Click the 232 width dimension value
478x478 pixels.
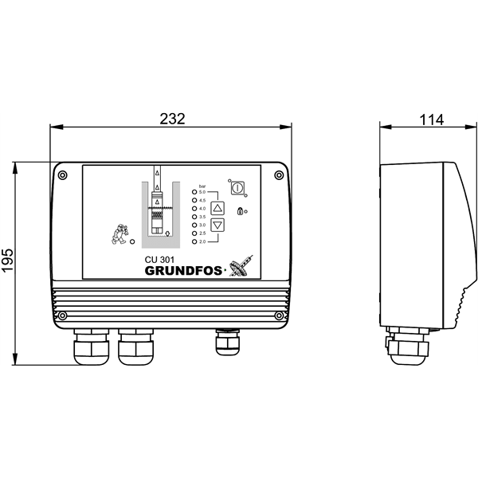click(x=172, y=119)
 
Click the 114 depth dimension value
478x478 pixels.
click(x=430, y=119)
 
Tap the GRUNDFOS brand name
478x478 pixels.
click(x=184, y=270)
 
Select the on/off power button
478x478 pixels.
click(x=236, y=187)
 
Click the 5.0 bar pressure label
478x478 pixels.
click(x=202, y=192)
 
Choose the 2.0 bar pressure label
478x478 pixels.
click(x=202, y=241)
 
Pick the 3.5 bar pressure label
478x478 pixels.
click(x=202, y=217)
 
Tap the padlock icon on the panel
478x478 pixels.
click(x=239, y=211)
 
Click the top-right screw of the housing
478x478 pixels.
click(x=277, y=174)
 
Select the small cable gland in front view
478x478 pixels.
click(x=223, y=342)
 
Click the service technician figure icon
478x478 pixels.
click(x=119, y=233)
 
